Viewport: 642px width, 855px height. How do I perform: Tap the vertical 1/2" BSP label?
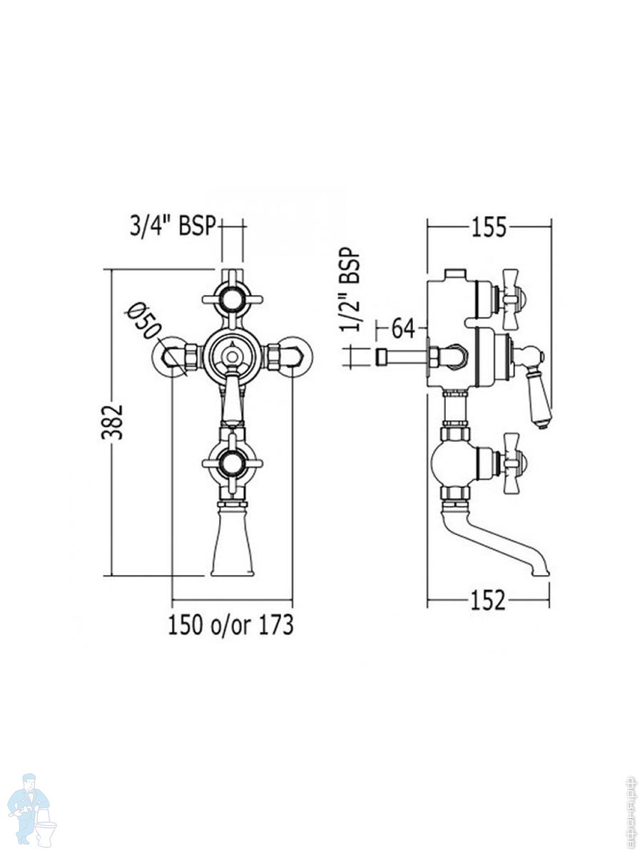coord(350,289)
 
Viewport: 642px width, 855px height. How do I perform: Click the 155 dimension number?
coord(489,227)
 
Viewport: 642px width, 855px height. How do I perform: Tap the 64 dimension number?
coord(404,328)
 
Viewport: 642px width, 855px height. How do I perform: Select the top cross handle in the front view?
coord(233,299)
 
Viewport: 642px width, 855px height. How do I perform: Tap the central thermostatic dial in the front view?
coord(233,356)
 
